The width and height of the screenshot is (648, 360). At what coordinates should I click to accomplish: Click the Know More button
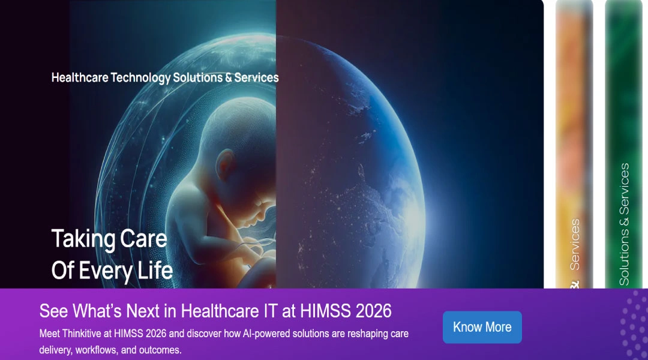pos(482,327)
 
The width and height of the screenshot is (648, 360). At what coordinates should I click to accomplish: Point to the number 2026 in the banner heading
pos(373,311)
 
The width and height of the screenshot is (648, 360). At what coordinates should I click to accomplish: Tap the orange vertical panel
pos(574,120)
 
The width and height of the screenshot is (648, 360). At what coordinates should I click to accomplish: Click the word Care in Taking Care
pos(143,239)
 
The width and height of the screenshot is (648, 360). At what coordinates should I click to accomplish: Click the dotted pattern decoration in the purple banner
pos(634,324)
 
